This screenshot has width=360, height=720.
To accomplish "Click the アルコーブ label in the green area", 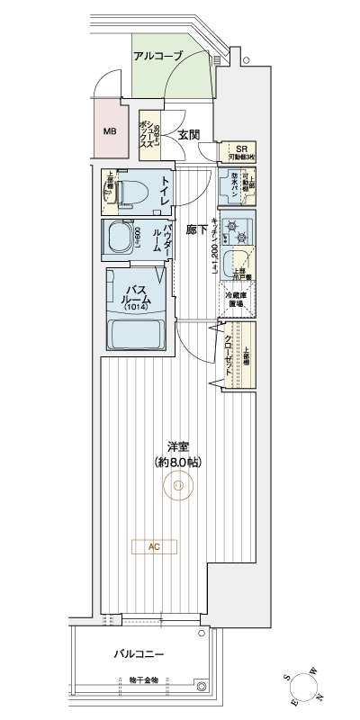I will (157, 56).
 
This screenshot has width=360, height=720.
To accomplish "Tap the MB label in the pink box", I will (110, 131).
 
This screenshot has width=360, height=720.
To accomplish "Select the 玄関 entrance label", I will (188, 135).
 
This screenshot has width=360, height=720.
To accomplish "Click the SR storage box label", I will (240, 150).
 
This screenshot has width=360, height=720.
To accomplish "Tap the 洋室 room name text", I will (177, 445).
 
